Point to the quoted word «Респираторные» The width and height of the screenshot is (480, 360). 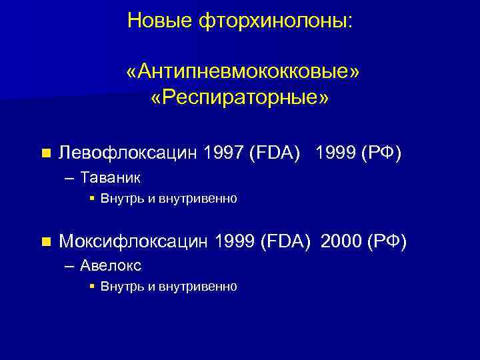pyautogui.click(x=240, y=98)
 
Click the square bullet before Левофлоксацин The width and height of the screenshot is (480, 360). pyautogui.click(x=45, y=153)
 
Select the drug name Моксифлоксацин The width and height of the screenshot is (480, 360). pyautogui.click(x=135, y=240)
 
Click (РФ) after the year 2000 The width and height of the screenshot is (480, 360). pyautogui.click(x=387, y=240)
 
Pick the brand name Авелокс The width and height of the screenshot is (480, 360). pyautogui.click(x=111, y=265)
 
